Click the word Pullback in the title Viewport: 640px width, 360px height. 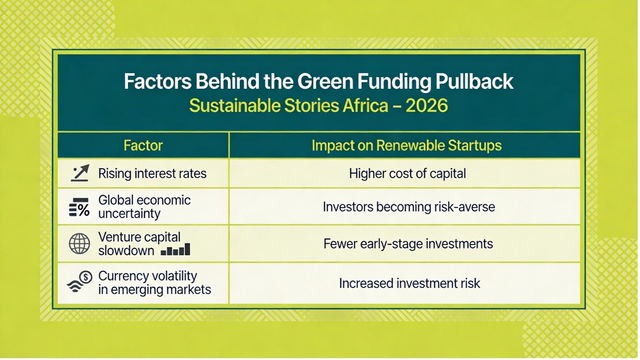474,82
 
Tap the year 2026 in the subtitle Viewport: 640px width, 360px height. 426,106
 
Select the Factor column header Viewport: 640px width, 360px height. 143,145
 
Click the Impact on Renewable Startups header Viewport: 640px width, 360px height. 406,145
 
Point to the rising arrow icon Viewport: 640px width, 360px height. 80,173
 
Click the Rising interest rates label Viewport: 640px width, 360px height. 152,173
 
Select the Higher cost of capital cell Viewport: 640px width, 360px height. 407,173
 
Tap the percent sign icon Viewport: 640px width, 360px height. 80,207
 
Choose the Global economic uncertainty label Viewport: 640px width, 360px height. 144,207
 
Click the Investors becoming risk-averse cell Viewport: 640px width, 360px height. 409,207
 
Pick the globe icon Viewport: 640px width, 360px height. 80,244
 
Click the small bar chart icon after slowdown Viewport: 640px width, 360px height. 175,249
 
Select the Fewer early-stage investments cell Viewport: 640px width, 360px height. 408,244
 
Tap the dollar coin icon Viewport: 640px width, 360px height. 86,277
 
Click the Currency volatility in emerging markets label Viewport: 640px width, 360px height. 154,283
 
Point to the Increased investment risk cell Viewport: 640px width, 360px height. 409,283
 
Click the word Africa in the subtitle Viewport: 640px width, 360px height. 365,106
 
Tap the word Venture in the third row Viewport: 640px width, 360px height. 118,237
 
